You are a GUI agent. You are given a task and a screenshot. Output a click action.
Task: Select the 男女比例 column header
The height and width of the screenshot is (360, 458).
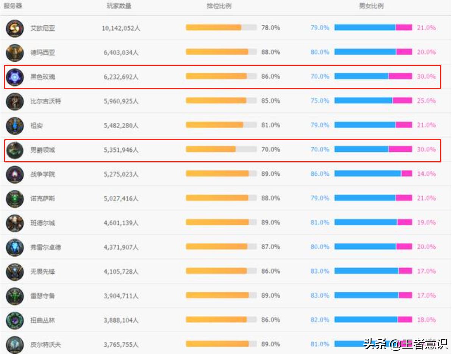point(371,6)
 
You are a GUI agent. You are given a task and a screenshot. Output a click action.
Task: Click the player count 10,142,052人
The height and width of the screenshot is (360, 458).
point(121,28)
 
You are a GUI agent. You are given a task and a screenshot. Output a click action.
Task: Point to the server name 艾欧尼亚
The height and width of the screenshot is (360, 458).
point(42,28)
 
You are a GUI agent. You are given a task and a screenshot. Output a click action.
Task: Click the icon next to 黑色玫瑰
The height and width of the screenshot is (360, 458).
point(15,77)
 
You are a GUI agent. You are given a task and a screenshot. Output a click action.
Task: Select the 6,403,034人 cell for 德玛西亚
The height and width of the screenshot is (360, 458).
point(121,52)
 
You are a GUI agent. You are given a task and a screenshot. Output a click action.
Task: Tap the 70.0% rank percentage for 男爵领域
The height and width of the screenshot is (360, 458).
point(270,150)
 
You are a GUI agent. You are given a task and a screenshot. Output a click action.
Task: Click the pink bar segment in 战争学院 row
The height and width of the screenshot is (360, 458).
point(406,174)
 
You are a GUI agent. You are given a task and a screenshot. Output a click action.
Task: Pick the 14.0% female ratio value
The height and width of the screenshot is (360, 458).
point(426,174)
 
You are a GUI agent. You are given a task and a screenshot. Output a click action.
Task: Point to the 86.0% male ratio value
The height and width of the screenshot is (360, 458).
point(320,174)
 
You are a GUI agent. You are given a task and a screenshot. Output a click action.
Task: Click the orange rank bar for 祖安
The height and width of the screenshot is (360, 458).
point(214,125)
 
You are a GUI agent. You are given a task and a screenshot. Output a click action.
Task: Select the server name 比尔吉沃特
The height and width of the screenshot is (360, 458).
point(45,101)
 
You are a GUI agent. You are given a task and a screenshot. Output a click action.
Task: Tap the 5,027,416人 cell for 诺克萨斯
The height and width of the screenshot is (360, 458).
point(121,198)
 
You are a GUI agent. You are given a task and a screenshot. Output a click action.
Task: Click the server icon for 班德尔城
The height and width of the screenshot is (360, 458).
point(15,223)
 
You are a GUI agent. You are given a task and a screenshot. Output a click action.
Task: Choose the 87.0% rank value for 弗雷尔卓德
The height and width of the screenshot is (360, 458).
point(270,247)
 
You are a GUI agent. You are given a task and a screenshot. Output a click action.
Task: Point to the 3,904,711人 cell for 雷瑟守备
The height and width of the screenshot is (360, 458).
point(121,296)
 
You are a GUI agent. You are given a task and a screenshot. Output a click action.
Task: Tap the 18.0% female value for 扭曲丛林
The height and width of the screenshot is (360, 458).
point(426,320)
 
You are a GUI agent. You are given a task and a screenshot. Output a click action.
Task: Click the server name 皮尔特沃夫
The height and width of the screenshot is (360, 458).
point(45,344)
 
